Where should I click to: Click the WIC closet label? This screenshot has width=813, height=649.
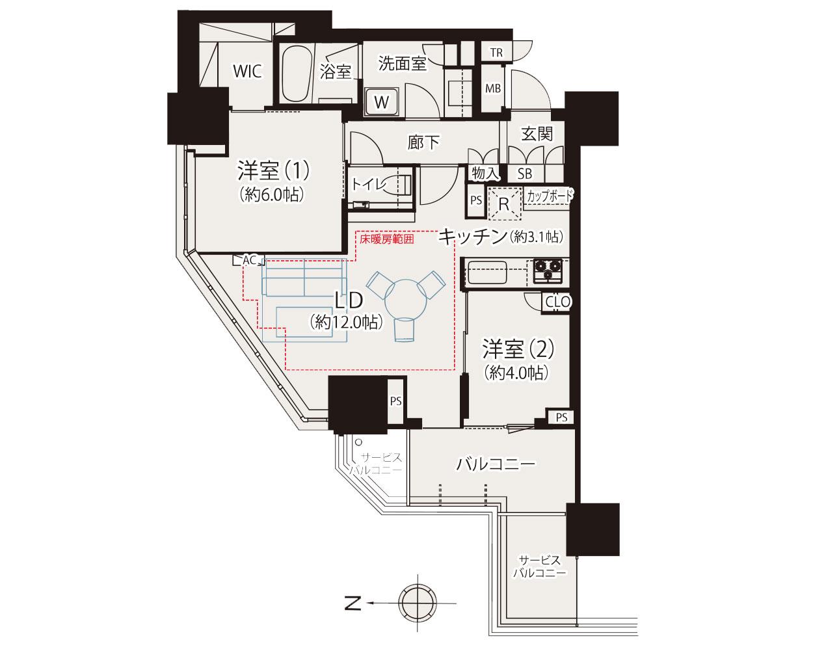(247, 71)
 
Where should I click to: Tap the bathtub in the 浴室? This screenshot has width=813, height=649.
(297, 74)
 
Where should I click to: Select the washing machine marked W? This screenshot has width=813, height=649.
(382, 101)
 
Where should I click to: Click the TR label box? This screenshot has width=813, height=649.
(497, 53)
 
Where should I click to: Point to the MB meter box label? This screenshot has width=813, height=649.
(493, 89)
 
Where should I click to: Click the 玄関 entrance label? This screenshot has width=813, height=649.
(537, 134)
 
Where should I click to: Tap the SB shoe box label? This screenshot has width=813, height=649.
(525, 174)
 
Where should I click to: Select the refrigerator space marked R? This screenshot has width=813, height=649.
(505, 204)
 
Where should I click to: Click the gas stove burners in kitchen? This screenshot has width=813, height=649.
(548, 271)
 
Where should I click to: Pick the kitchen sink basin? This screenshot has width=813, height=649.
(487, 272)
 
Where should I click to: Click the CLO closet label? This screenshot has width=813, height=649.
(558, 302)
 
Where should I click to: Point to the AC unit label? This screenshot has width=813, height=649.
(249, 260)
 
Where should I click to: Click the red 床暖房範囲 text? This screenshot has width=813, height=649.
(386, 239)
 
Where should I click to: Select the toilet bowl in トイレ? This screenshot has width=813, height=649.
(401, 185)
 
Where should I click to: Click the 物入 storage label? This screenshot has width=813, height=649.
(485, 174)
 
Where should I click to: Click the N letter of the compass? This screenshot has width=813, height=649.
(353, 603)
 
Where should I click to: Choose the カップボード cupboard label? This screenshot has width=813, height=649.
(550, 196)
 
